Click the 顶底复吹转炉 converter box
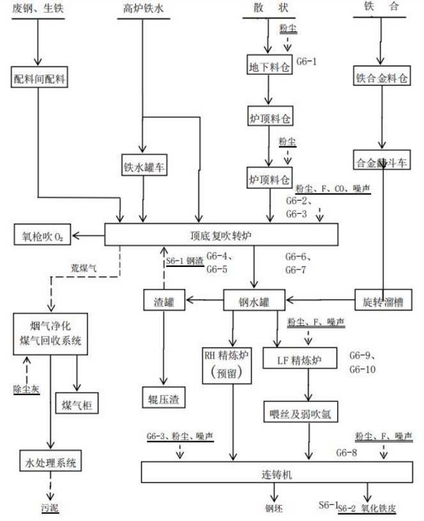(x=221, y=235)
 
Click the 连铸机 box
(x=275, y=473)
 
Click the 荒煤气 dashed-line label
(x=84, y=268)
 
